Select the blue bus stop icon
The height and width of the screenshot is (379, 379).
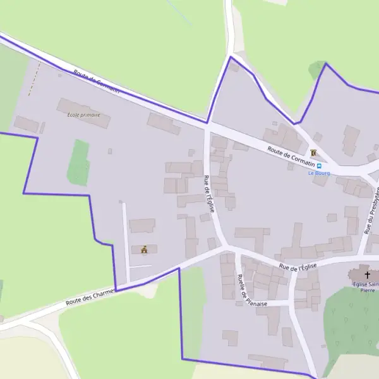[319, 165]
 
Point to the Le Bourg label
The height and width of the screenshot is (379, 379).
[319, 173]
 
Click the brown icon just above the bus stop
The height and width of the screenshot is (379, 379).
[313, 153]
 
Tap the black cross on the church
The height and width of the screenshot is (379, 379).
[367, 275]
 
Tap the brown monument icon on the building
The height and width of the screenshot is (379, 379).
[145, 250]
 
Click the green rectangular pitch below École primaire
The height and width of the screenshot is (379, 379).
[78, 162]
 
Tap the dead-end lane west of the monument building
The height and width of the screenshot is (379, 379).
[125, 240]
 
